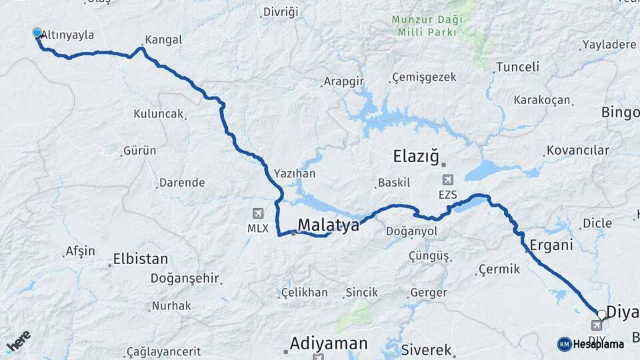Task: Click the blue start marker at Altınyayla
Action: point(37,32)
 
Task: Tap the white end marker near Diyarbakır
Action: point(602,314)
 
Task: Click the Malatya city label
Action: point(328,225)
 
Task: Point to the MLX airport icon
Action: point(257,213)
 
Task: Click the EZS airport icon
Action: point(447,180)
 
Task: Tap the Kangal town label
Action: point(163,40)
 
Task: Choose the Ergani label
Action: point(551,245)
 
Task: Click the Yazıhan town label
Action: point(294,173)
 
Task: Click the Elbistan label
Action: point(141,259)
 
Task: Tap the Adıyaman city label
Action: point(328,343)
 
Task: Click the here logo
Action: point(18,341)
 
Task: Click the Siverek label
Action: point(427,350)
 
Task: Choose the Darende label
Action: point(182,182)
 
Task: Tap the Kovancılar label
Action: point(577,151)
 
